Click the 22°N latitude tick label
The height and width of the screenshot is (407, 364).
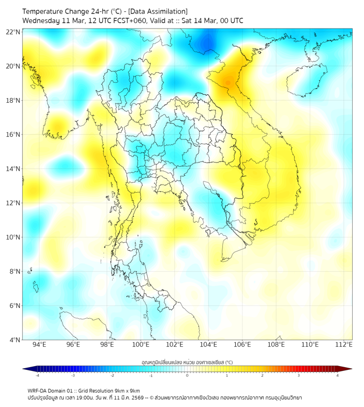pyautogui.click(x=13, y=32)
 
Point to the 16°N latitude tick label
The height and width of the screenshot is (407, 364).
pyautogui.click(x=13, y=135)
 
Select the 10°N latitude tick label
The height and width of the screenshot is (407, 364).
pyautogui.click(x=13, y=237)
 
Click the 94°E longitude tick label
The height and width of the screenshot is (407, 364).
pyautogui.click(x=39, y=345)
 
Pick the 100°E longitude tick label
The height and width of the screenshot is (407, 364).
pyautogui.click(x=141, y=345)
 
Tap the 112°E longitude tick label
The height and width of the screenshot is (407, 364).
pyautogui.click(x=344, y=345)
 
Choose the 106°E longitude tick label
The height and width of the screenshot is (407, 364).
pyautogui.click(x=242, y=345)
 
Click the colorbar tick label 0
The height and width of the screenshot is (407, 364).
pyautogui.click(x=187, y=376)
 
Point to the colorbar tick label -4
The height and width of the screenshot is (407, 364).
pyautogui.click(x=37, y=376)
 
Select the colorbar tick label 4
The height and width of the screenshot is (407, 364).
pyautogui.click(x=338, y=376)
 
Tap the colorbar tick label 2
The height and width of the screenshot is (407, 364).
pyautogui.click(x=262, y=376)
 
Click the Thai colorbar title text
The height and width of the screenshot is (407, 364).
pyautogui.click(x=187, y=362)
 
